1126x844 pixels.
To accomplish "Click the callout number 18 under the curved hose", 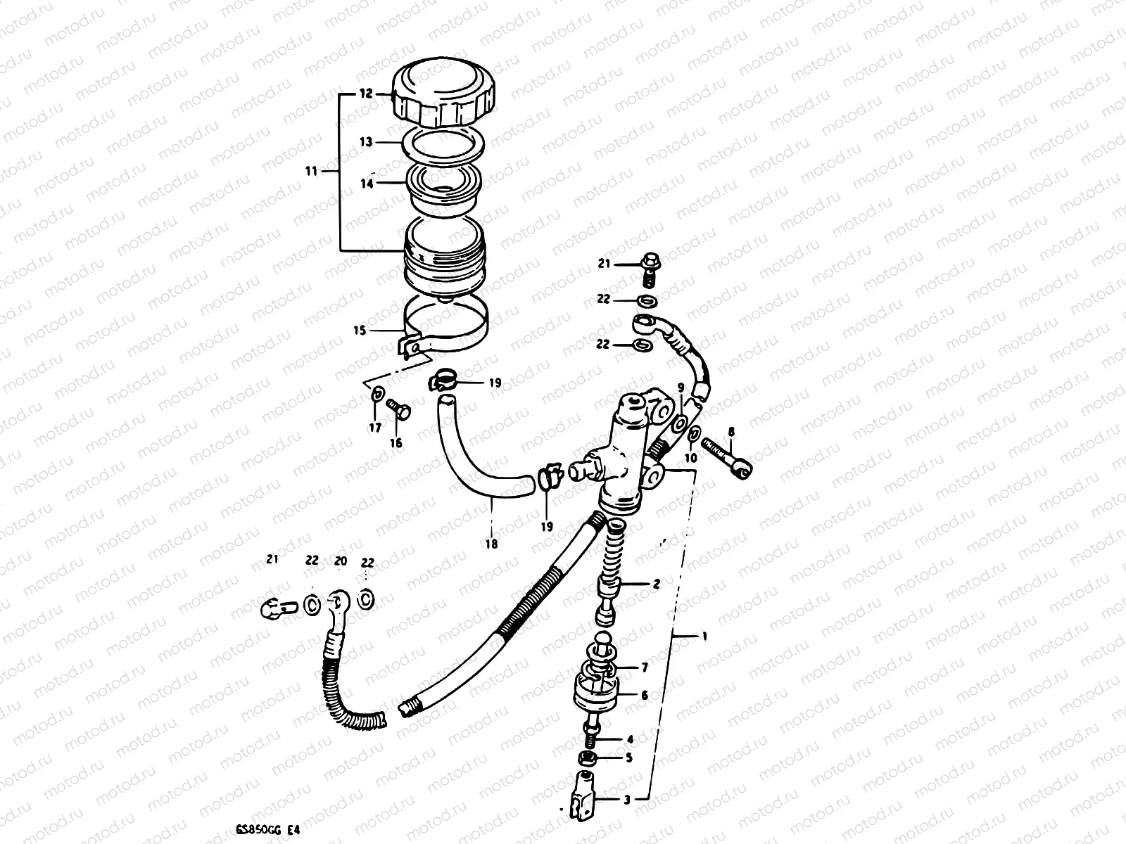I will click(x=492, y=544).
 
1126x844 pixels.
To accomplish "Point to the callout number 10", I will click(x=691, y=458).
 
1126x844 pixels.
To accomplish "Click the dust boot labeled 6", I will click(x=596, y=691).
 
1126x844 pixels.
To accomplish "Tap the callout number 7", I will click(x=644, y=667).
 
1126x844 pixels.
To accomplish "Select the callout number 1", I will click(x=704, y=636).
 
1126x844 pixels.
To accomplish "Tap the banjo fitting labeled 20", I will click(x=338, y=602).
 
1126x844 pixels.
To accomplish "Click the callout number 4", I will click(x=629, y=739).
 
